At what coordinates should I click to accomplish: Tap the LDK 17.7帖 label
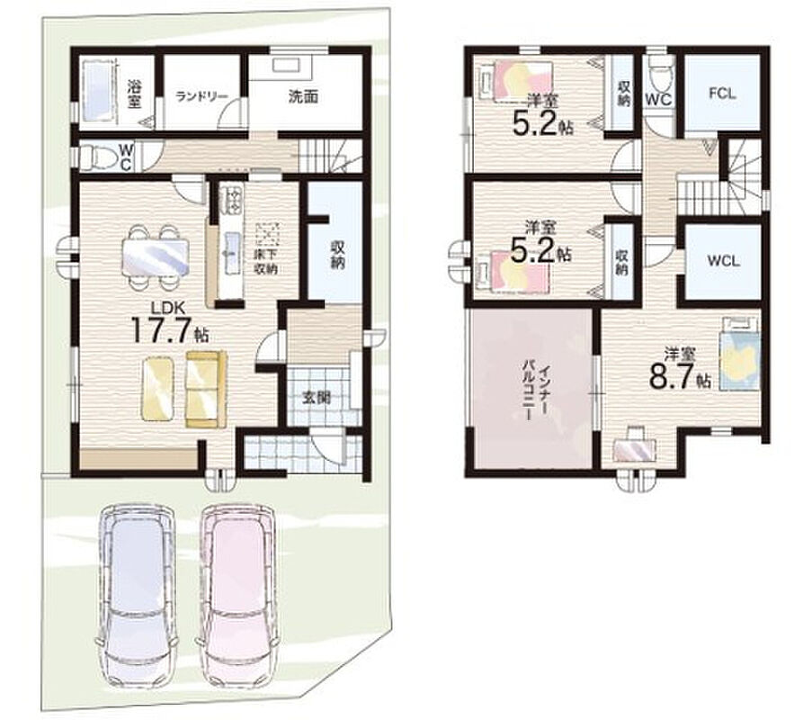tap(170, 323)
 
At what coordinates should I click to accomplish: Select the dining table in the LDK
tap(156, 257)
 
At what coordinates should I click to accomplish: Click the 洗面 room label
tap(303, 96)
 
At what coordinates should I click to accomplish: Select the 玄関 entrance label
tap(316, 398)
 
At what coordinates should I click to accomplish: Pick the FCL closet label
tap(722, 94)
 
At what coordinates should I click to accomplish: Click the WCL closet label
tap(724, 261)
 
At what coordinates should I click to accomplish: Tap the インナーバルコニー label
tap(535, 392)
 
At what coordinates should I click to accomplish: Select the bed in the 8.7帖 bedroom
tap(739, 354)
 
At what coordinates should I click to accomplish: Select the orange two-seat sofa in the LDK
tap(206, 390)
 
